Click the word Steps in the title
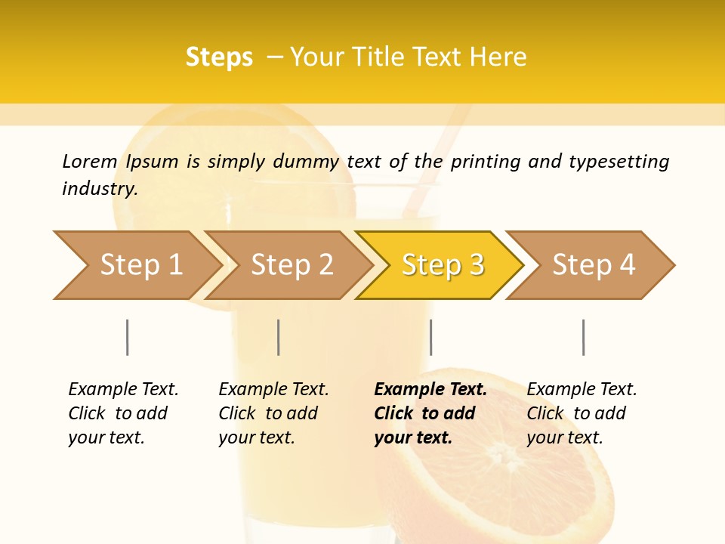pos(219,57)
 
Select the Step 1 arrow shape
pos(136,265)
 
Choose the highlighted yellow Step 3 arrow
pos(442,265)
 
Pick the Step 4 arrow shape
pos(593,265)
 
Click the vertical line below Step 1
pos(128,337)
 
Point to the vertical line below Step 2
pos(279,337)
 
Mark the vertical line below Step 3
pos(430,337)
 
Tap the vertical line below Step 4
pos(583,337)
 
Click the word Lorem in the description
pos(90,161)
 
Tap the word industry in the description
pos(100,189)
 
